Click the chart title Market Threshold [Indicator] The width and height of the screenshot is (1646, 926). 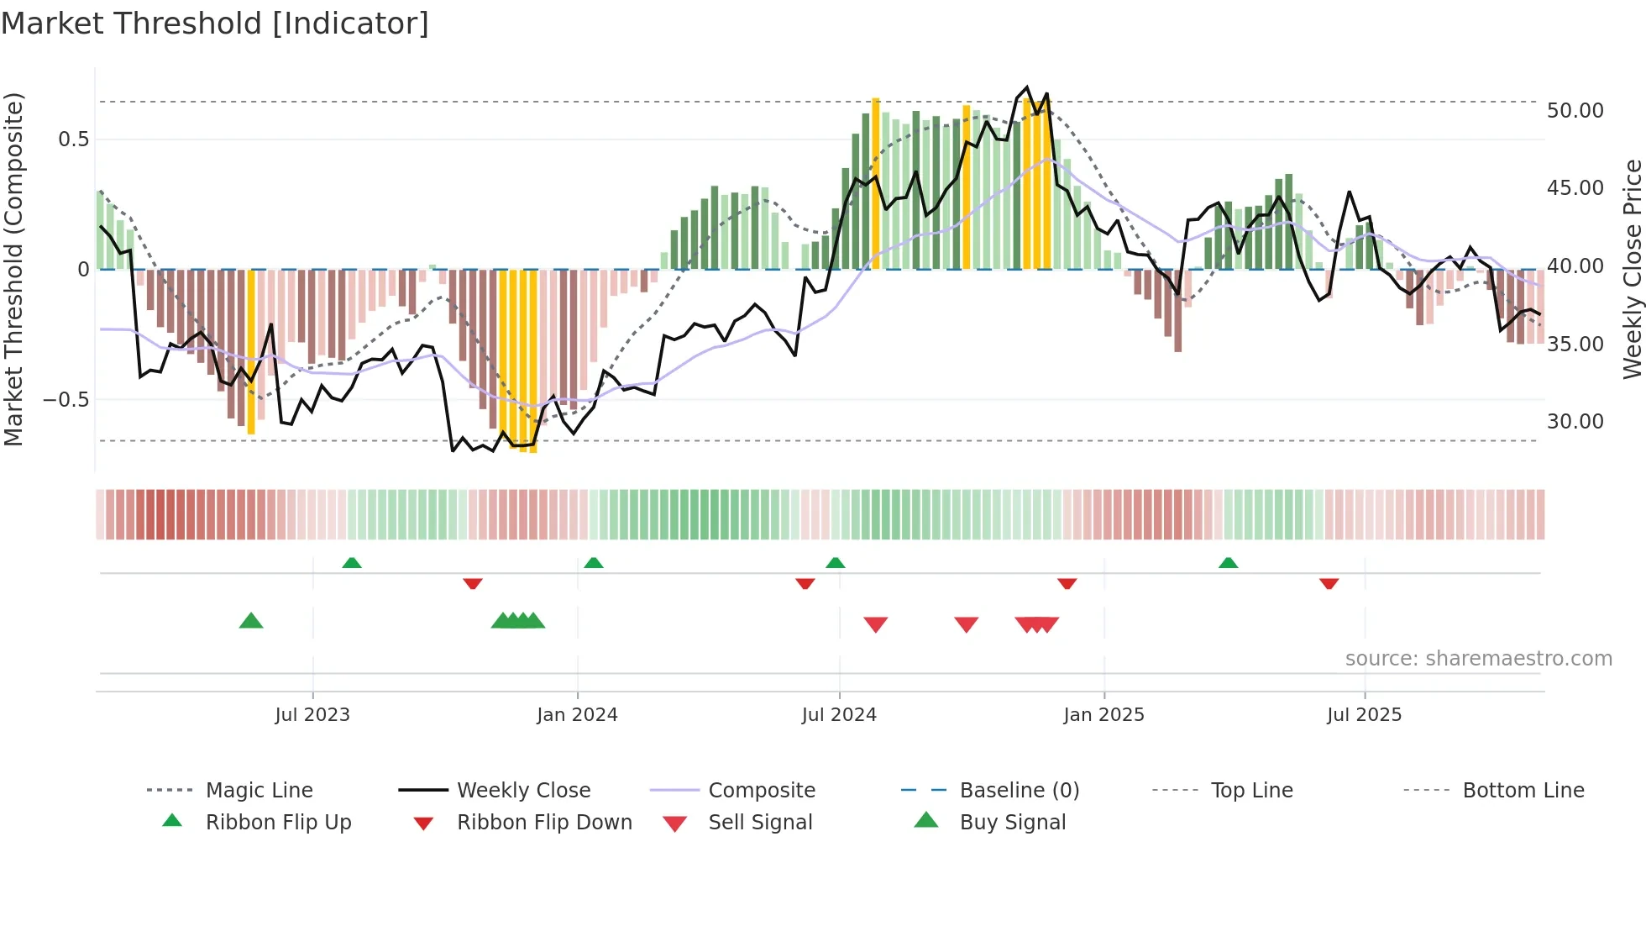pos(215,24)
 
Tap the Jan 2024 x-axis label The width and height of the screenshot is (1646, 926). pos(577,715)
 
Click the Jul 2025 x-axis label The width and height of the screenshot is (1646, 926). pos(1364,715)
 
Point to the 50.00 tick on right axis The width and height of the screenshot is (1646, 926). pos(1575,111)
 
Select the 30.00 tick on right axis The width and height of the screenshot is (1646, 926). pos(1575,422)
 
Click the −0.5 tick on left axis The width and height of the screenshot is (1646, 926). pos(66,400)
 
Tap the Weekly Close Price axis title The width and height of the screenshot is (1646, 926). pos(1632,269)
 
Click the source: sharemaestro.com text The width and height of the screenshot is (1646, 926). pos(1478,659)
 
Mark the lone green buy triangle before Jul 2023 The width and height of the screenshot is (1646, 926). pos(251,621)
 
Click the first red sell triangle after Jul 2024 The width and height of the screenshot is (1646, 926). pos(876,624)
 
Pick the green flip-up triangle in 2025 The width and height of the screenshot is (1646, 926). pos(1228,563)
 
